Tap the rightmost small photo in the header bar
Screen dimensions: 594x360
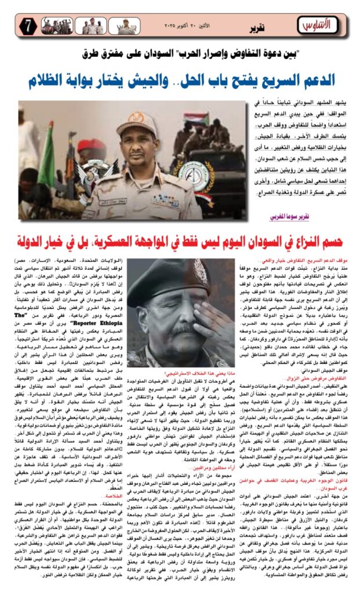pyautogui.click(x=128, y=26)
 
